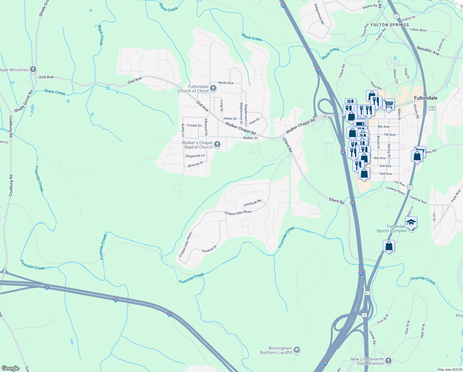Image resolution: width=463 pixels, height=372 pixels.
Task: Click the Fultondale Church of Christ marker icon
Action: [213, 89]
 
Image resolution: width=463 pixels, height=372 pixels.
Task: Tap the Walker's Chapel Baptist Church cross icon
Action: [217, 144]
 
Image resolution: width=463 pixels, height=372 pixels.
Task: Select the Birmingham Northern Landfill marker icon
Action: [296, 350]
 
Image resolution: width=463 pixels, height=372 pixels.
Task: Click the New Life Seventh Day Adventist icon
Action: [388, 361]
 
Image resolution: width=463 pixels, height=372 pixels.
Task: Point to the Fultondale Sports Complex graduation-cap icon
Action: [411, 223]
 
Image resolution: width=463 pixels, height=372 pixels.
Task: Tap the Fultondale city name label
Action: [426, 98]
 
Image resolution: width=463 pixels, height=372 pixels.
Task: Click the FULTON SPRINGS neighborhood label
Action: [390, 25]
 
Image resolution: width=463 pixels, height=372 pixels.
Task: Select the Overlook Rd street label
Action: [252, 203]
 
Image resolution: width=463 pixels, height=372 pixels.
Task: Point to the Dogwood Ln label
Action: [195, 156]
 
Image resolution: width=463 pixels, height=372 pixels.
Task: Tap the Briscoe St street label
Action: [196, 164]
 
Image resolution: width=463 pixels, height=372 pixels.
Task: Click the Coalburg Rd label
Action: [11, 185]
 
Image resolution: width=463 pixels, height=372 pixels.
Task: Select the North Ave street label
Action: [226, 83]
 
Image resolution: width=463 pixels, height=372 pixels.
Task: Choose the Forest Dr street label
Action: [194, 126]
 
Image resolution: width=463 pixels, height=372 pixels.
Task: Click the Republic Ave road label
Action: [428, 51]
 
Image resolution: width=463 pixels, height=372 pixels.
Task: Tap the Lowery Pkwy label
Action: [396, 190]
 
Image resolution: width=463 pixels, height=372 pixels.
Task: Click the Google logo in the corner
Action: [11, 368]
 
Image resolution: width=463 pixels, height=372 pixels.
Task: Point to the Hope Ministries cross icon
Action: [33, 69]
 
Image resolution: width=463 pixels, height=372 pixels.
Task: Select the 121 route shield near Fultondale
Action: [432, 108]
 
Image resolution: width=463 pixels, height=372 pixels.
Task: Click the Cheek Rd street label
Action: [372, 337]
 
